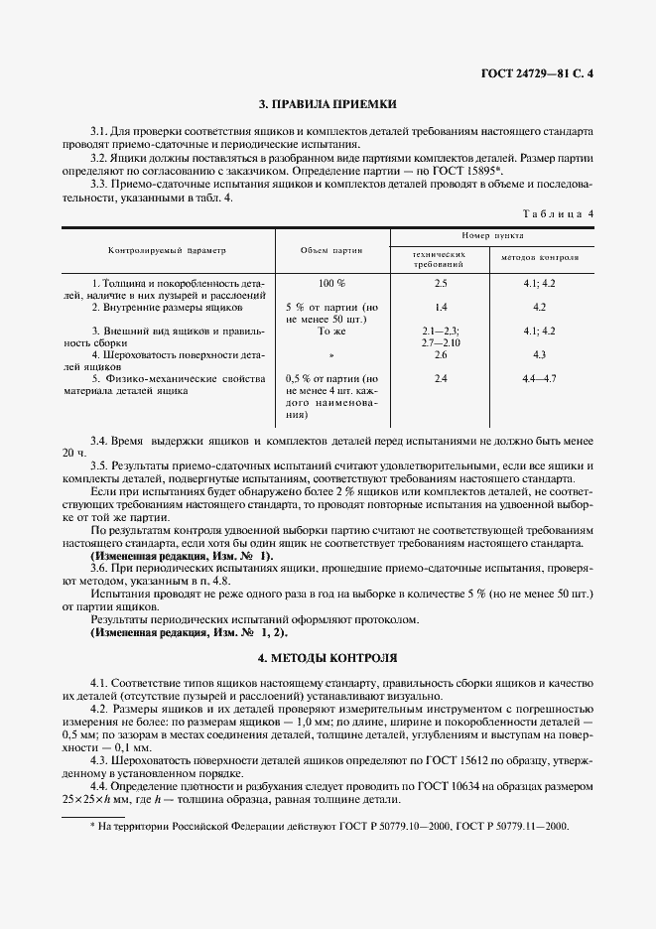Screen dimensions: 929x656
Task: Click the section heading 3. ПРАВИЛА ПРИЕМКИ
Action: [x=328, y=103]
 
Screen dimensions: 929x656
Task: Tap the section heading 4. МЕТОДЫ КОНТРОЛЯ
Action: [x=328, y=657]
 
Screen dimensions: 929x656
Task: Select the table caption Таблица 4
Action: [x=557, y=213]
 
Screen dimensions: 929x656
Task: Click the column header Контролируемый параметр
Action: [x=168, y=251]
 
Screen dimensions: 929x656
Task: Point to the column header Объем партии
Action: [x=331, y=251]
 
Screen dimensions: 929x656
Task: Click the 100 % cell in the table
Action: [x=331, y=284]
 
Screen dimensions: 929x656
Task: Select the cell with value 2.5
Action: [x=441, y=284]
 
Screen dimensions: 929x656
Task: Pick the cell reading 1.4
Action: [x=441, y=308]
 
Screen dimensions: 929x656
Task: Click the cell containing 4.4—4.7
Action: [x=539, y=379]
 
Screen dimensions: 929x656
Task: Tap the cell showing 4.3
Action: [x=539, y=354]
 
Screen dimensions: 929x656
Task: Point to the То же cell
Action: [x=331, y=331]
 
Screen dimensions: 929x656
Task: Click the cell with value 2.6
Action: [x=441, y=354]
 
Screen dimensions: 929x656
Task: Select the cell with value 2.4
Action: [x=441, y=379]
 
